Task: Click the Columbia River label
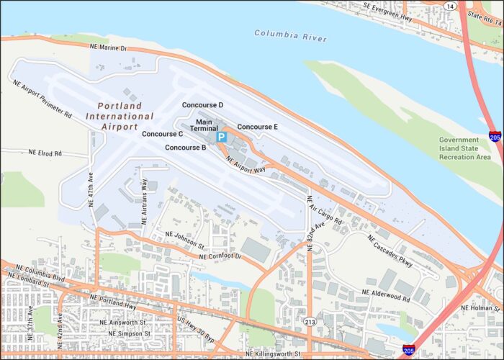(x=290, y=34)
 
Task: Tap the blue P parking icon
(x=222, y=136)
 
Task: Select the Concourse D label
(x=202, y=105)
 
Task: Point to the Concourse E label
(x=258, y=127)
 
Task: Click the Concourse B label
(x=186, y=148)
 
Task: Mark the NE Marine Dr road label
(x=108, y=48)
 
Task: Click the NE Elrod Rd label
(x=45, y=153)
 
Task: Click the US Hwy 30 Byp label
(x=196, y=329)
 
